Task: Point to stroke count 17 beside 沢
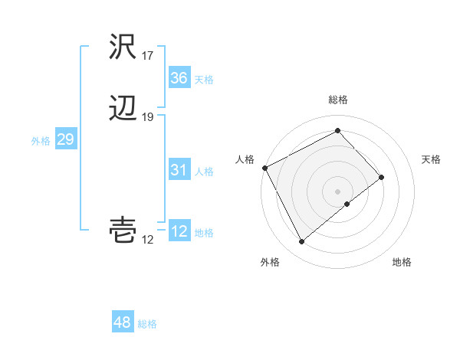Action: tap(147, 56)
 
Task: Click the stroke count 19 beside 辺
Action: tap(147, 117)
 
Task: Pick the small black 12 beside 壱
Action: tap(147, 240)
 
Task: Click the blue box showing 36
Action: tap(179, 77)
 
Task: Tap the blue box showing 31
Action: tap(179, 170)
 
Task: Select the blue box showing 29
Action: tap(65, 139)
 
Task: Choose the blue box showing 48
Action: tap(122, 322)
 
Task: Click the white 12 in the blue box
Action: tap(179, 231)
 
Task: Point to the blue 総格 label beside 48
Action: tap(147, 324)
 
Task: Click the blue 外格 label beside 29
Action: tap(41, 141)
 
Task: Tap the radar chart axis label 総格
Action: tap(338, 100)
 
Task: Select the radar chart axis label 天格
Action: tap(432, 159)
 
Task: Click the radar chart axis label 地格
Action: tap(402, 262)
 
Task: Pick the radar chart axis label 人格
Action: tap(245, 159)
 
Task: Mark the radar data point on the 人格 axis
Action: tap(264, 168)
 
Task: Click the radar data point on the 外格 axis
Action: tap(301, 242)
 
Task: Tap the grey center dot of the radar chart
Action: tap(338, 191)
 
